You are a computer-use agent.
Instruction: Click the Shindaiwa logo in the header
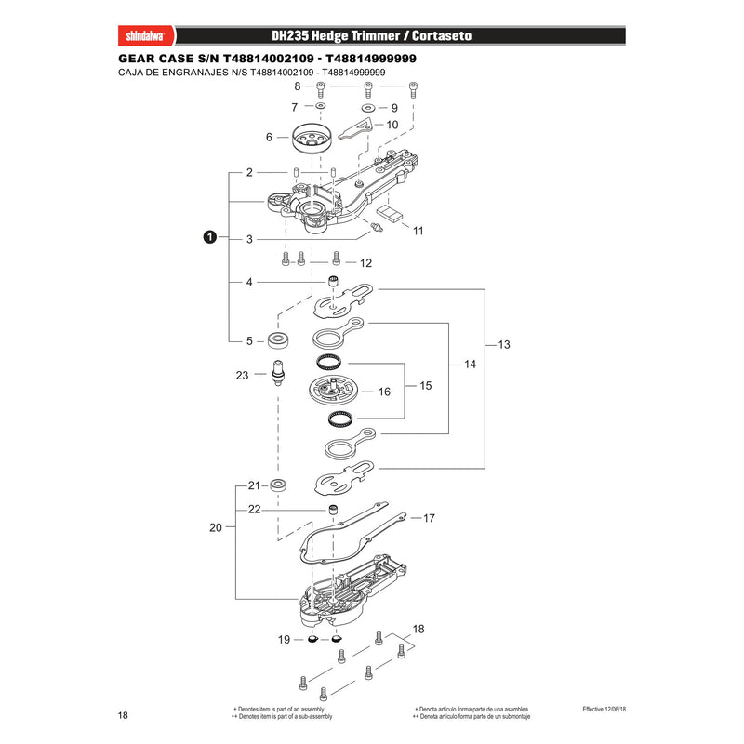[x=146, y=36]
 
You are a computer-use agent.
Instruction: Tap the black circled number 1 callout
[x=210, y=236]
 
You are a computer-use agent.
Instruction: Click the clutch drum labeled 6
[x=312, y=138]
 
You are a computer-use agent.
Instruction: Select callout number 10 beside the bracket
[x=392, y=125]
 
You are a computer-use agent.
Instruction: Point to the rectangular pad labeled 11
[x=390, y=213]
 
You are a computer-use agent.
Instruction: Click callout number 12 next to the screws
[x=365, y=263]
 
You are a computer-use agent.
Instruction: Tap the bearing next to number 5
[x=278, y=340]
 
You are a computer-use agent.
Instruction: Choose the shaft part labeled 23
[x=278, y=373]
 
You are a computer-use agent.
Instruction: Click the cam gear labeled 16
[x=333, y=391]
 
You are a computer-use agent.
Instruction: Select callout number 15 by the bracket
[x=426, y=386]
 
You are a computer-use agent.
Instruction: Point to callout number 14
[x=470, y=364]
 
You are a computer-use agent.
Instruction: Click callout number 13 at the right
[x=504, y=344]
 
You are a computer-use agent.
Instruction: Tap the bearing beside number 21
[x=278, y=485]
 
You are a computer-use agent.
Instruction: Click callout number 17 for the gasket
[x=429, y=518]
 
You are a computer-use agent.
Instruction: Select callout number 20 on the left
[x=216, y=527]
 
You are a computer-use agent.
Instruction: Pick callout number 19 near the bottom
[x=284, y=640]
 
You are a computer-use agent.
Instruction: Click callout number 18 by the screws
[x=418, y=630]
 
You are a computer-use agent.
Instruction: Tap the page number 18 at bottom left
[x=123, y=715]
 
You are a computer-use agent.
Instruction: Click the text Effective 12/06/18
[x=604, y=709]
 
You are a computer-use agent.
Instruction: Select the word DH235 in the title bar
[x=290, y=36]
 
